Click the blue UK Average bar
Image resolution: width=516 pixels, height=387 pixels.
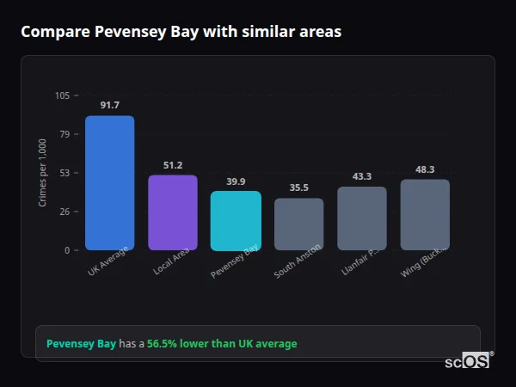point(109,182)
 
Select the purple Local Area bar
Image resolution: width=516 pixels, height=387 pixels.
point(173,212)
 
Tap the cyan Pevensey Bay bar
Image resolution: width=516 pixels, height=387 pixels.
point(236,220)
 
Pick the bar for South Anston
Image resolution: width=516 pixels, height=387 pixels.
point(298,224)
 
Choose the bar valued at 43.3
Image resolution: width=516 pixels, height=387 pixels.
point(362,218)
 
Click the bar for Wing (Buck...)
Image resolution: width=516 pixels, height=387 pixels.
point(425,214)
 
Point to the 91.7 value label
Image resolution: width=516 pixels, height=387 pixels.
point(109,105)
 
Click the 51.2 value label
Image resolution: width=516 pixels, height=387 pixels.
point(173,165)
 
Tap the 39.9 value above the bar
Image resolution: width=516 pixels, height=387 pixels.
point(236,181)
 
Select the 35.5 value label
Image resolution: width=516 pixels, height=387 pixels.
point(298,187)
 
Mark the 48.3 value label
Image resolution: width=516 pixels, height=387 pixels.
point(425,169)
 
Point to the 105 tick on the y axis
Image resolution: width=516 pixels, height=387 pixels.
point(62,95)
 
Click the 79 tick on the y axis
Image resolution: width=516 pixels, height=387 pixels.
point(64,134)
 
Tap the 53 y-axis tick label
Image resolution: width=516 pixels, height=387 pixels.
point(64,173)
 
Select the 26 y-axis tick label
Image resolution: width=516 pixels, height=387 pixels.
point(64,212)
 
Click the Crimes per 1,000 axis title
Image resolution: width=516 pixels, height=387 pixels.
point(43,173)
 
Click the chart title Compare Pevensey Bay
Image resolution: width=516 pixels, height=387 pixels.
point(181,32)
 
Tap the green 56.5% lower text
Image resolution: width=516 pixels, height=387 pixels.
point(222,344)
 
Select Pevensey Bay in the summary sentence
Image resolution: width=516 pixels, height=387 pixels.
point(81,344)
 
